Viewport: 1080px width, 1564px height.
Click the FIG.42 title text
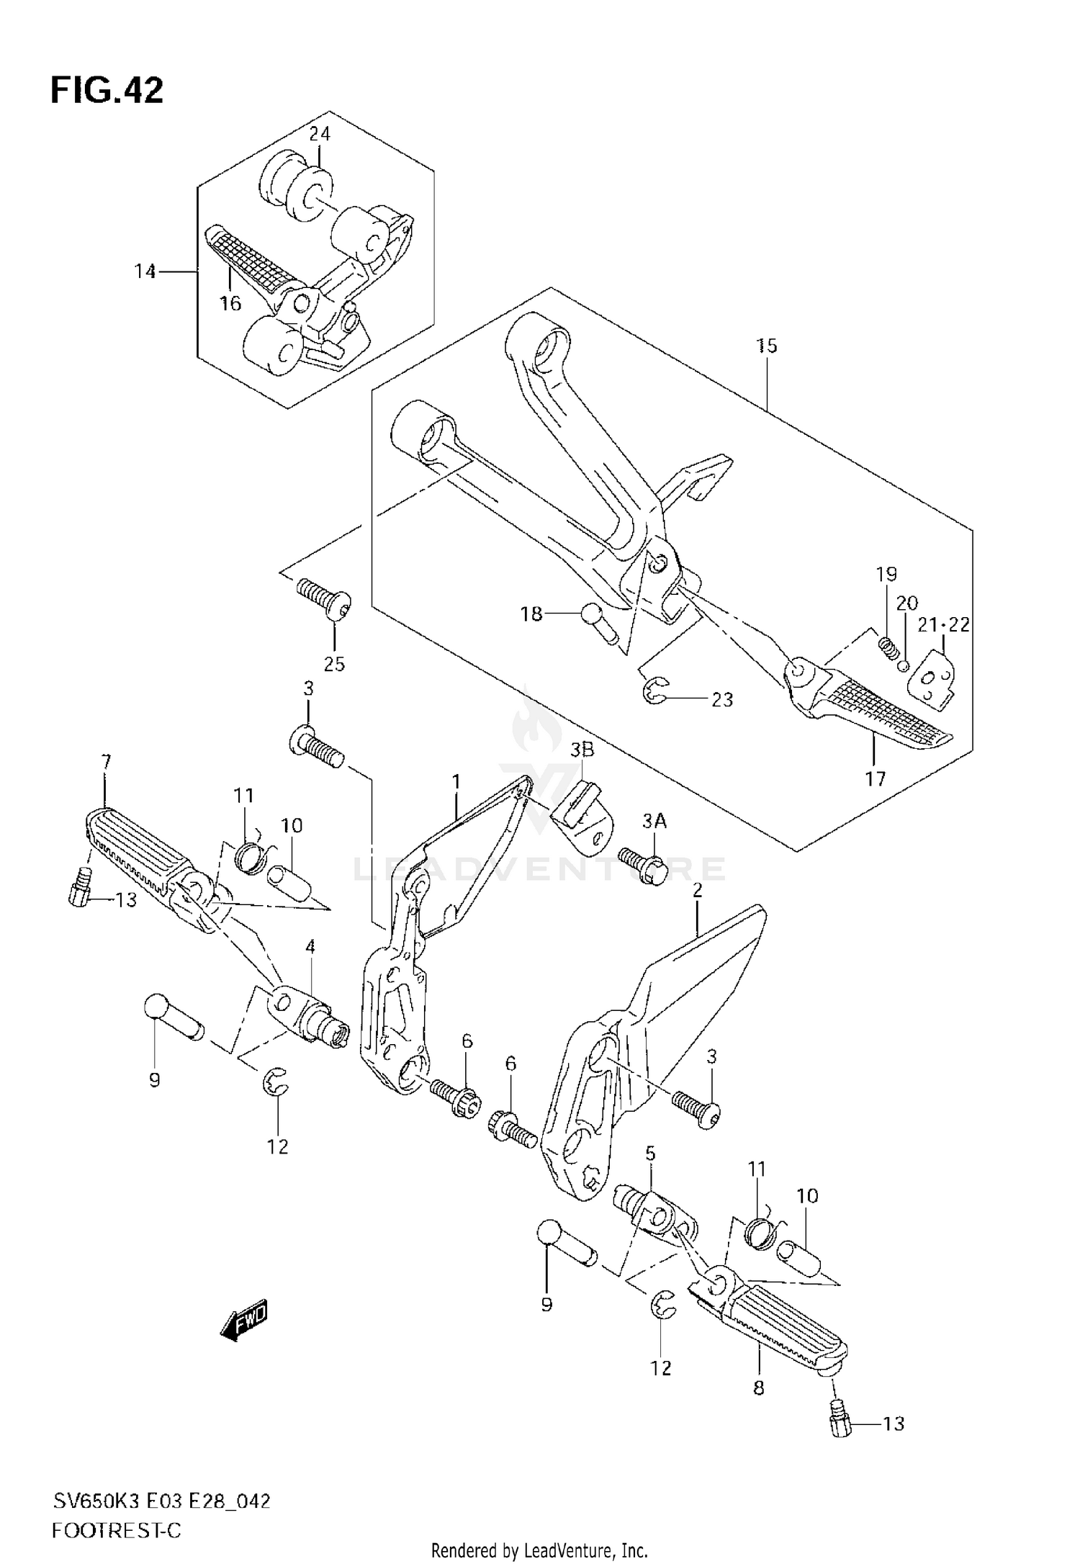107,91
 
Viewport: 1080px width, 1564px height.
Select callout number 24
320,134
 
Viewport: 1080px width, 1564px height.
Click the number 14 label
145,271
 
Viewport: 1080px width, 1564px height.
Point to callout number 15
767,346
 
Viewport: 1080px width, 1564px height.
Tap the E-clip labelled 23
654,693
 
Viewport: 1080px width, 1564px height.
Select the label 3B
582,750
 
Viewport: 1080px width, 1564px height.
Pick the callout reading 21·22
943,624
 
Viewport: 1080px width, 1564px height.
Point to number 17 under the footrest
876,778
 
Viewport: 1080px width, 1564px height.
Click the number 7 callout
106,761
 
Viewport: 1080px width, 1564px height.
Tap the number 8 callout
758,1388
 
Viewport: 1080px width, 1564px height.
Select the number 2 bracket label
697,891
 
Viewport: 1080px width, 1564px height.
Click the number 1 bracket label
456,781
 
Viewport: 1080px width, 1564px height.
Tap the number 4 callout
310,947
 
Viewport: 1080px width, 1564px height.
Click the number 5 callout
650,1174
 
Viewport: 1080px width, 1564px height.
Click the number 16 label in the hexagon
230,304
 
